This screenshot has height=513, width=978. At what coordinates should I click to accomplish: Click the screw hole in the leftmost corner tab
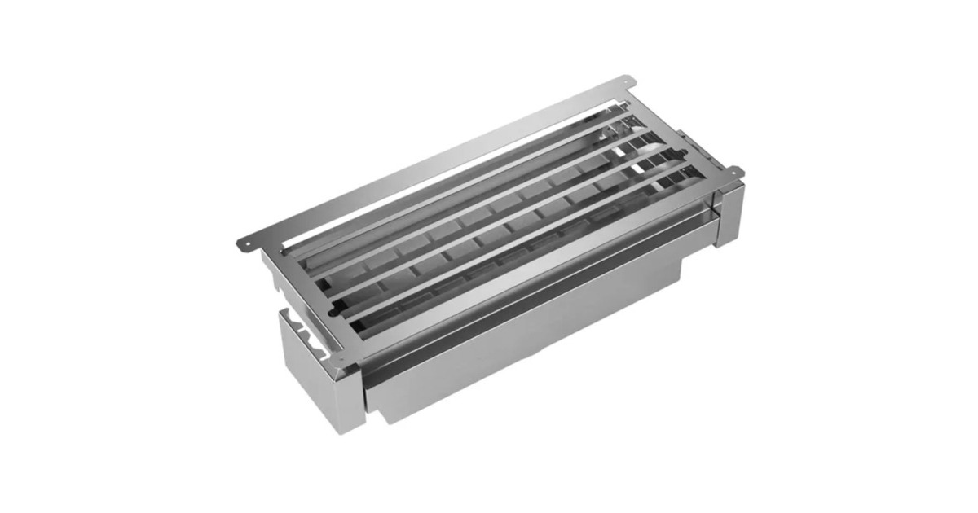pyautogui.click(x=242, y=243)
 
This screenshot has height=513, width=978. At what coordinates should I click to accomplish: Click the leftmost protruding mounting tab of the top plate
pyautogui.click(x=245, y=242)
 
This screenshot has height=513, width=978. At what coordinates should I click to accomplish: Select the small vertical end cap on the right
pyautogui.click(x=729, y=213)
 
